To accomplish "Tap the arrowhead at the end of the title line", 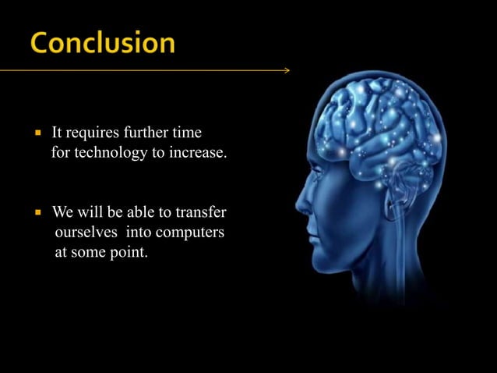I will coord(286,70).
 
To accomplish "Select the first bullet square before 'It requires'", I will coord(37,132).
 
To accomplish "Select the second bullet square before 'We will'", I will coord(37,213).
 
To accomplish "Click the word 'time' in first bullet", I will coord(195,131).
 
